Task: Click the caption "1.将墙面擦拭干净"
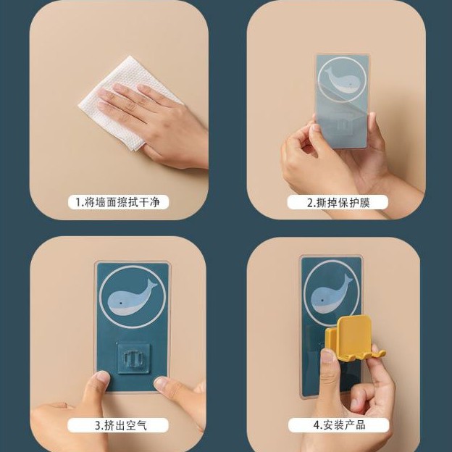[117, 202]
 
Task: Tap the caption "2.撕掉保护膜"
[338, 203]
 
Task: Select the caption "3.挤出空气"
[121, 425]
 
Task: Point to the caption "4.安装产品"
[339, 425]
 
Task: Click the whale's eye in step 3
[120, 304]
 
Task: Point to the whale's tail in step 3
[152, 285]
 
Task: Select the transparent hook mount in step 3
[133, 358]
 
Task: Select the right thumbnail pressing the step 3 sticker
[162, 382]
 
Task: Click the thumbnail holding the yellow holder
[327, 356]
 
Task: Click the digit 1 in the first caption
[78, 202]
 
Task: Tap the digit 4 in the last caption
[316, 425]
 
